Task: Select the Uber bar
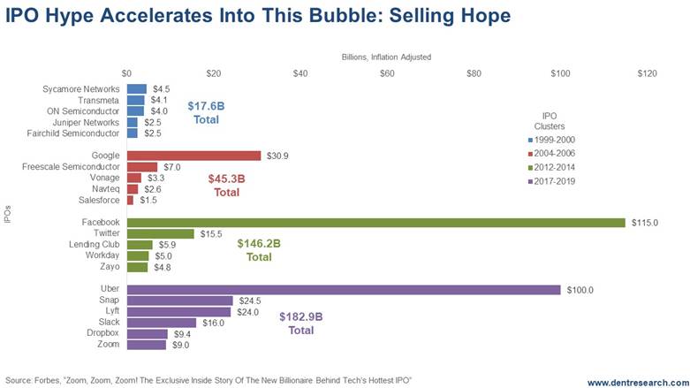(344, 290)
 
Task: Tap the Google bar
(194, 156)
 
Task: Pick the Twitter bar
(161, 234)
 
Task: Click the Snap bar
(180, 301)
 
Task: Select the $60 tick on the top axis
(387, 72)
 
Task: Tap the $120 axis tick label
(647, 72)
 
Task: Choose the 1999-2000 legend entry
(556, 140)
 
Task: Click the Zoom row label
(111, 345)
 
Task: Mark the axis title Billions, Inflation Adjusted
(387, 57)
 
